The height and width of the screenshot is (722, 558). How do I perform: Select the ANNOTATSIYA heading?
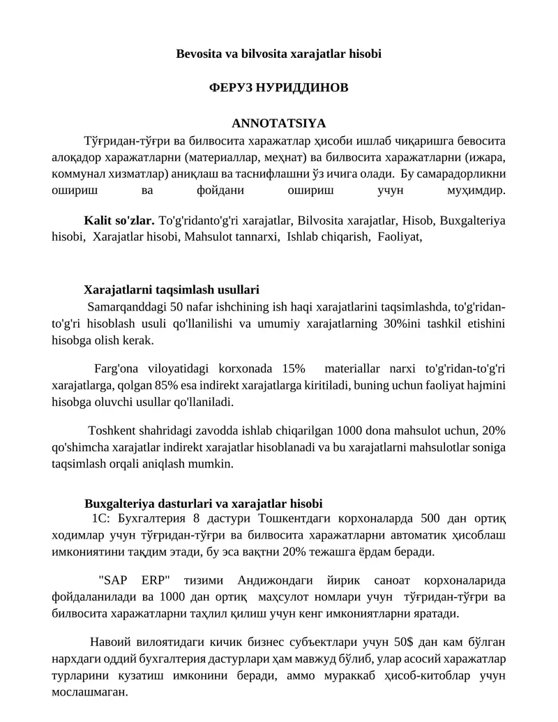[279, 124]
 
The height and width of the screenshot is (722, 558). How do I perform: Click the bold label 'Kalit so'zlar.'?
[119, 220]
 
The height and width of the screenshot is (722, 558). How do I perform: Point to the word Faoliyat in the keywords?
[400, 236]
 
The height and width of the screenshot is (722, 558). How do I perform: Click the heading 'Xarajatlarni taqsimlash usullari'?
[172, 289]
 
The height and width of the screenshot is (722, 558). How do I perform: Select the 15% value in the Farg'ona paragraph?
[294, 368]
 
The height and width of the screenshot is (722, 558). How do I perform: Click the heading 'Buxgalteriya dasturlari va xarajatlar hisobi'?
[203, 503]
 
